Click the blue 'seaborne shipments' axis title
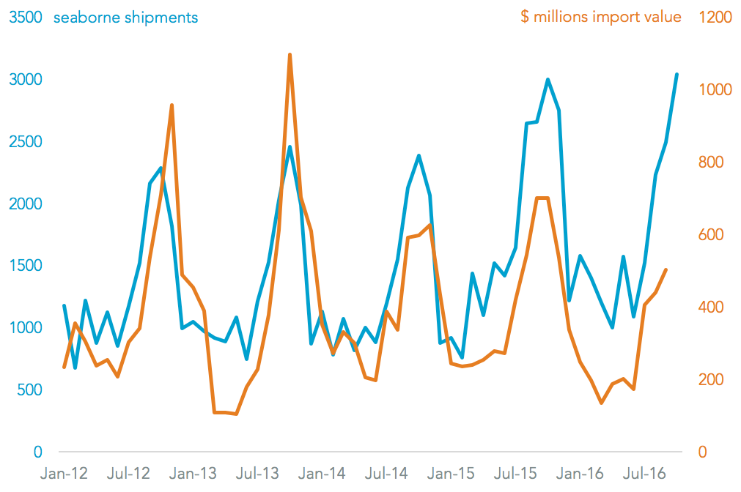(125, 17)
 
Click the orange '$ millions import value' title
(600, 17)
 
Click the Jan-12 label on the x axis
(63, 474)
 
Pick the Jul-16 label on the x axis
(644, 474)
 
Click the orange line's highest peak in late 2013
(290, 54)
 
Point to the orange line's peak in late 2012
(172, 105)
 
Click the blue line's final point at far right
(677, 74)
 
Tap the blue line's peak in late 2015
(548, 79)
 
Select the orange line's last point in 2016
(666, 269)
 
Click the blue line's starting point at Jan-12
(64, 305)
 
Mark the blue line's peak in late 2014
(419, 155)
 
